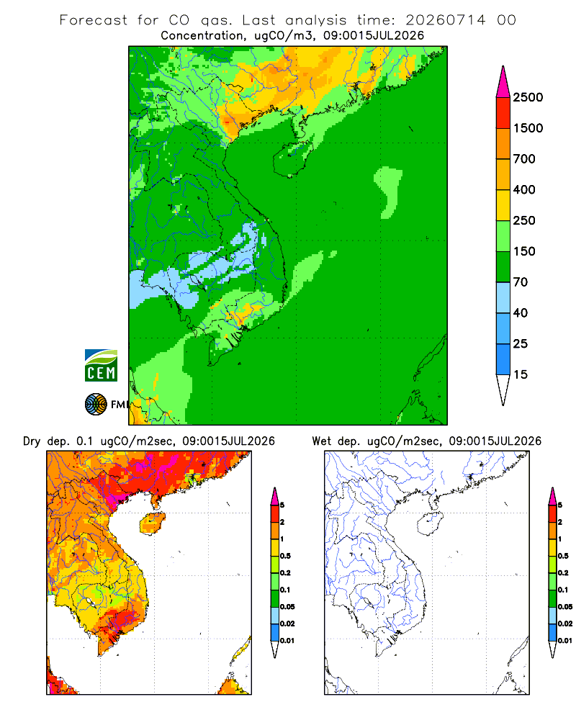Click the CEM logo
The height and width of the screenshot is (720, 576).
tap(101, 366)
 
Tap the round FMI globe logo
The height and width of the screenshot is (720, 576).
tap(96, 405)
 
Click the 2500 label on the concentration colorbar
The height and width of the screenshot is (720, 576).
tap(528, 97)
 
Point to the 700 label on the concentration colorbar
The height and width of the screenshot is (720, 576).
tap(524, 159)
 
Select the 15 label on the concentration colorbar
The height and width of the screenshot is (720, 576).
tap(521, 374)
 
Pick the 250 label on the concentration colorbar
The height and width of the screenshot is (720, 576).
tap(524, 220)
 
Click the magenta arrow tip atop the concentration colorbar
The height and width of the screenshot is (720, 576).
tap(503, 81)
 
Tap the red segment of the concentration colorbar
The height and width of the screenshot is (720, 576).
tap(503, 113)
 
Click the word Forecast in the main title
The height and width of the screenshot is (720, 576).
tap(94, 20)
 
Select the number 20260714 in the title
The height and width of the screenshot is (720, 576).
tap(446, 20)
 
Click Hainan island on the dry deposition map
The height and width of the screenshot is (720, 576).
tap(153, 524)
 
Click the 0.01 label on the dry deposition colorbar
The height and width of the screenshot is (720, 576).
tap(287, 641)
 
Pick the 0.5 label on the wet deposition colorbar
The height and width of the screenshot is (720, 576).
tap(562, 556)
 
